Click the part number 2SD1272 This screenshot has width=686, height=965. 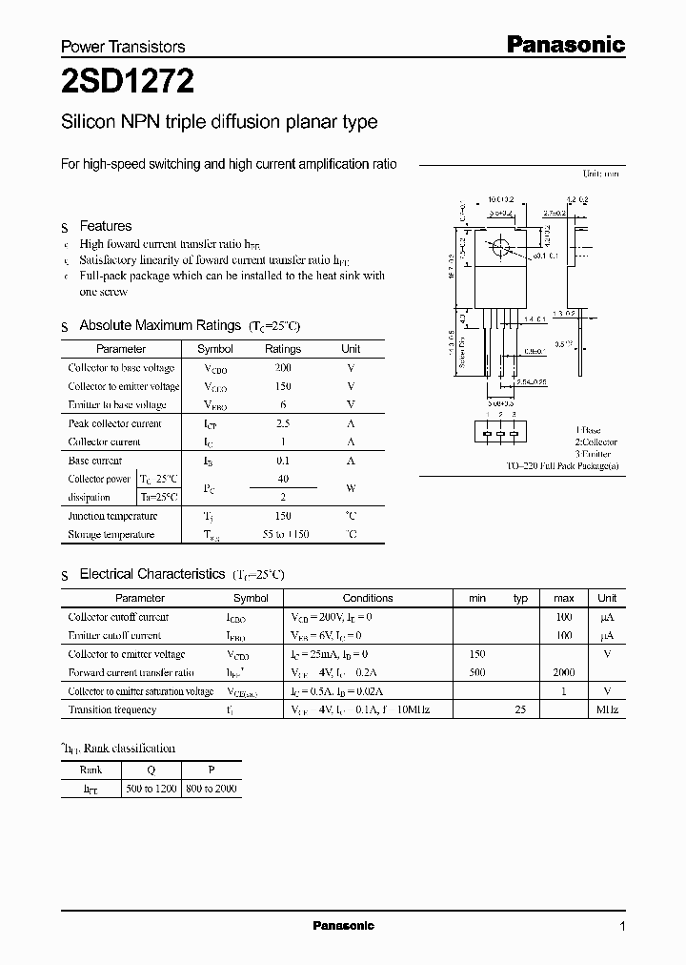[128, 83]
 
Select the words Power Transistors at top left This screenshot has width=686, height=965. [123, 47]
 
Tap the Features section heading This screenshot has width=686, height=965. [105, 226]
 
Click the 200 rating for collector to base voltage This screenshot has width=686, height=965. [282, 368]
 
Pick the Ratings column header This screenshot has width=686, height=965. [282, 349]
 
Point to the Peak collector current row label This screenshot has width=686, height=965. [114, 423]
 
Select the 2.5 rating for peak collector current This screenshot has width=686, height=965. [282, 423]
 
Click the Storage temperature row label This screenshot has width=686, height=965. [111, 535]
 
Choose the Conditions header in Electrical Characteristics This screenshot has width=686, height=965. [367, 598]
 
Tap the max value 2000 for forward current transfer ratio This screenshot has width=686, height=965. [564, 672]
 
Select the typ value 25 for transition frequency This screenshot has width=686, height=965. [520, 709]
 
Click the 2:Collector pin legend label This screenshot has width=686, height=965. [595, 441]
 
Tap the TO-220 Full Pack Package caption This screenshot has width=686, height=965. [562, 465]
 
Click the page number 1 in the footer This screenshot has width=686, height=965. [622, 927]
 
